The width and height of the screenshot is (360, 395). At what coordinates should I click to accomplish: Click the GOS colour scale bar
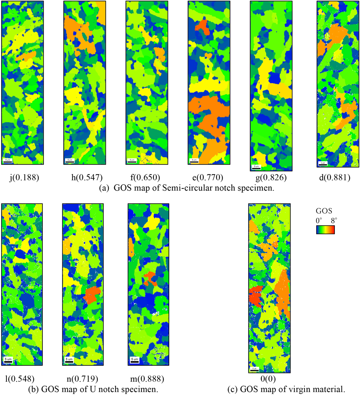tap(325, 230)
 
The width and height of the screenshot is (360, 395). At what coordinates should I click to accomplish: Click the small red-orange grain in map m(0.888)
tap(149, 278)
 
